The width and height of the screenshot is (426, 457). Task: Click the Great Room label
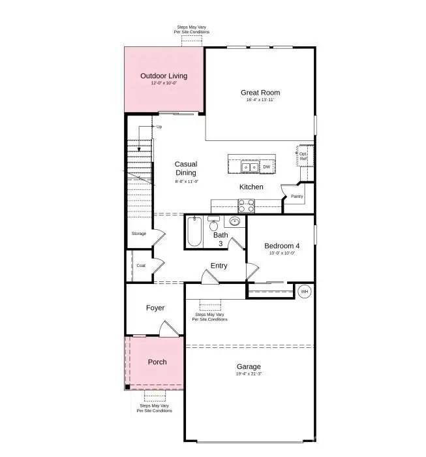(260, 92)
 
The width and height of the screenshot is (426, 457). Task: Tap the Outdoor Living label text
(164, 76)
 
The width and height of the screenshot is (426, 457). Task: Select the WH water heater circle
(305, 292)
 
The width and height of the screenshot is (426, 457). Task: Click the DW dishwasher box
(266, 167)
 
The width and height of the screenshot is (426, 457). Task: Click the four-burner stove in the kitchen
(247, 206)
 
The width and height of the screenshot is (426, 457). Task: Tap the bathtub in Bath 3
(194, 233)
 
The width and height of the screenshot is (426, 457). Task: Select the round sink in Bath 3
(236, 223)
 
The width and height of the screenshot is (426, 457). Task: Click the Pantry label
(296, 196)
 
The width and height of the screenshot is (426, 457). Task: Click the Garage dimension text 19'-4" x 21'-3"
(249, 374)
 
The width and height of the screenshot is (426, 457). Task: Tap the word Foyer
(155, 307)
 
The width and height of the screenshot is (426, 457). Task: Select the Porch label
(157, 362)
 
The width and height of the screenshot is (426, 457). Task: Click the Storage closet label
(139, 233)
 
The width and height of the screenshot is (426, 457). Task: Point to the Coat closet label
(141, 266)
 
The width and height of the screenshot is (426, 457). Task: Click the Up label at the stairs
(159, 127)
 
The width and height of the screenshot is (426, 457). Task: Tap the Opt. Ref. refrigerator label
(303, 156)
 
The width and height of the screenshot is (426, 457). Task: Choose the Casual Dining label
(186, 168)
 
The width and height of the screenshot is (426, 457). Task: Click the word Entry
(219, 266)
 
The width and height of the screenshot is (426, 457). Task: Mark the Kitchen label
(251, 187)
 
